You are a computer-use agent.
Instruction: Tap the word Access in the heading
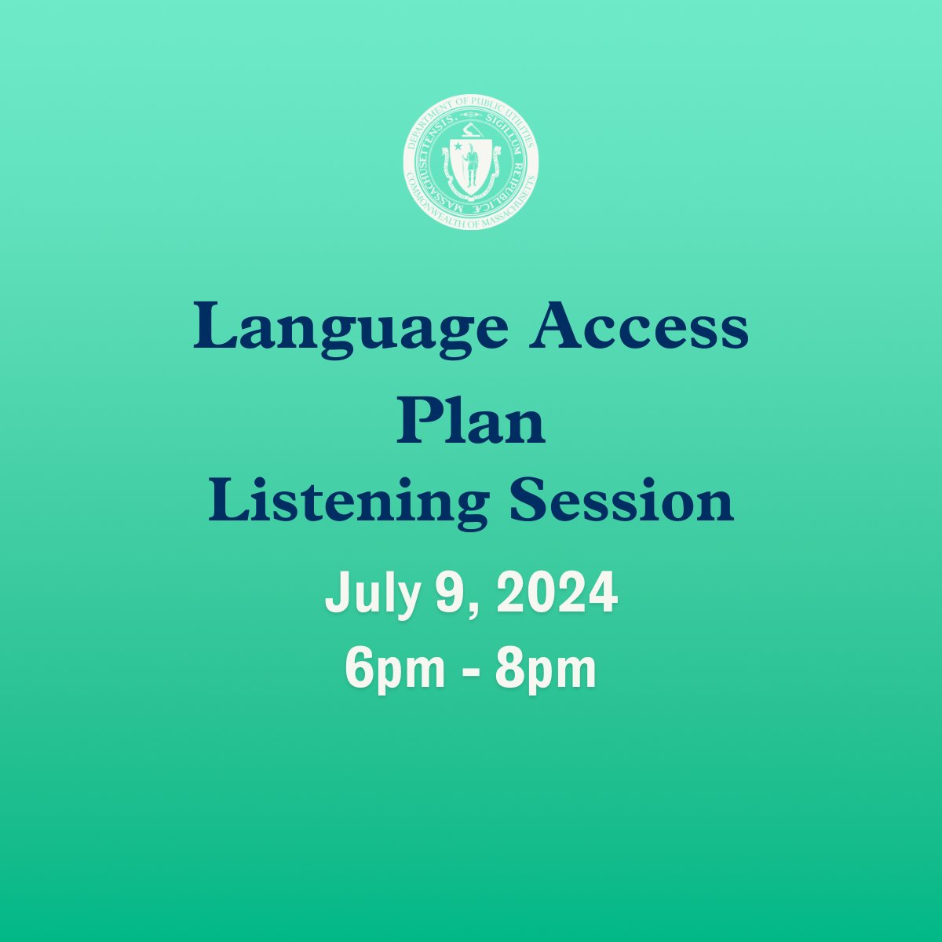(x=639, y=328)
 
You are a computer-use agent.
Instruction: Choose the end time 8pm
(x=546, y=669)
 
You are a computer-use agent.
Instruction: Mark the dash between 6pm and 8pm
(x=469, y=671)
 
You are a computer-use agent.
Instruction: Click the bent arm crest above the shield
(x=470, y=130)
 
